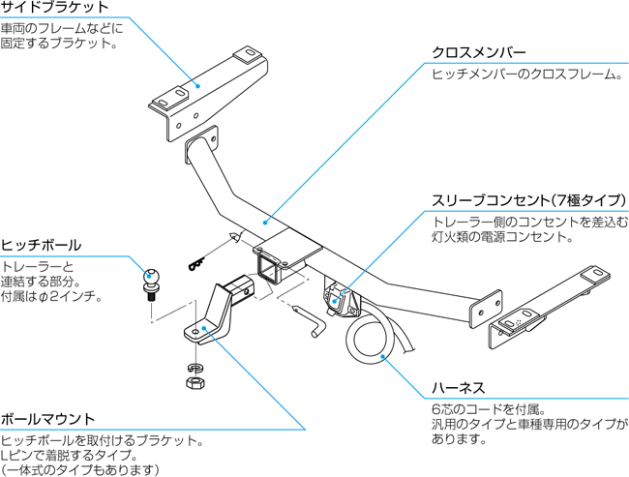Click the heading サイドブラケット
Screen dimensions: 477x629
54,8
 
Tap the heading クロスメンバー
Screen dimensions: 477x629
481,52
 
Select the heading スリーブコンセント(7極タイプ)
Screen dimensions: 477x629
528,200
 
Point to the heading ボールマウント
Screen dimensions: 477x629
48,419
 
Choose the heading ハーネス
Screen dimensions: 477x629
458,388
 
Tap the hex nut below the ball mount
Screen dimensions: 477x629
195,383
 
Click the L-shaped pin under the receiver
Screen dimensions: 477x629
314,320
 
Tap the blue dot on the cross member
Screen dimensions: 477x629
265,221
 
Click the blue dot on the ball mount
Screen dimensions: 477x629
202,329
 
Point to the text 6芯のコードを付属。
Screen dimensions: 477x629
490,408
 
